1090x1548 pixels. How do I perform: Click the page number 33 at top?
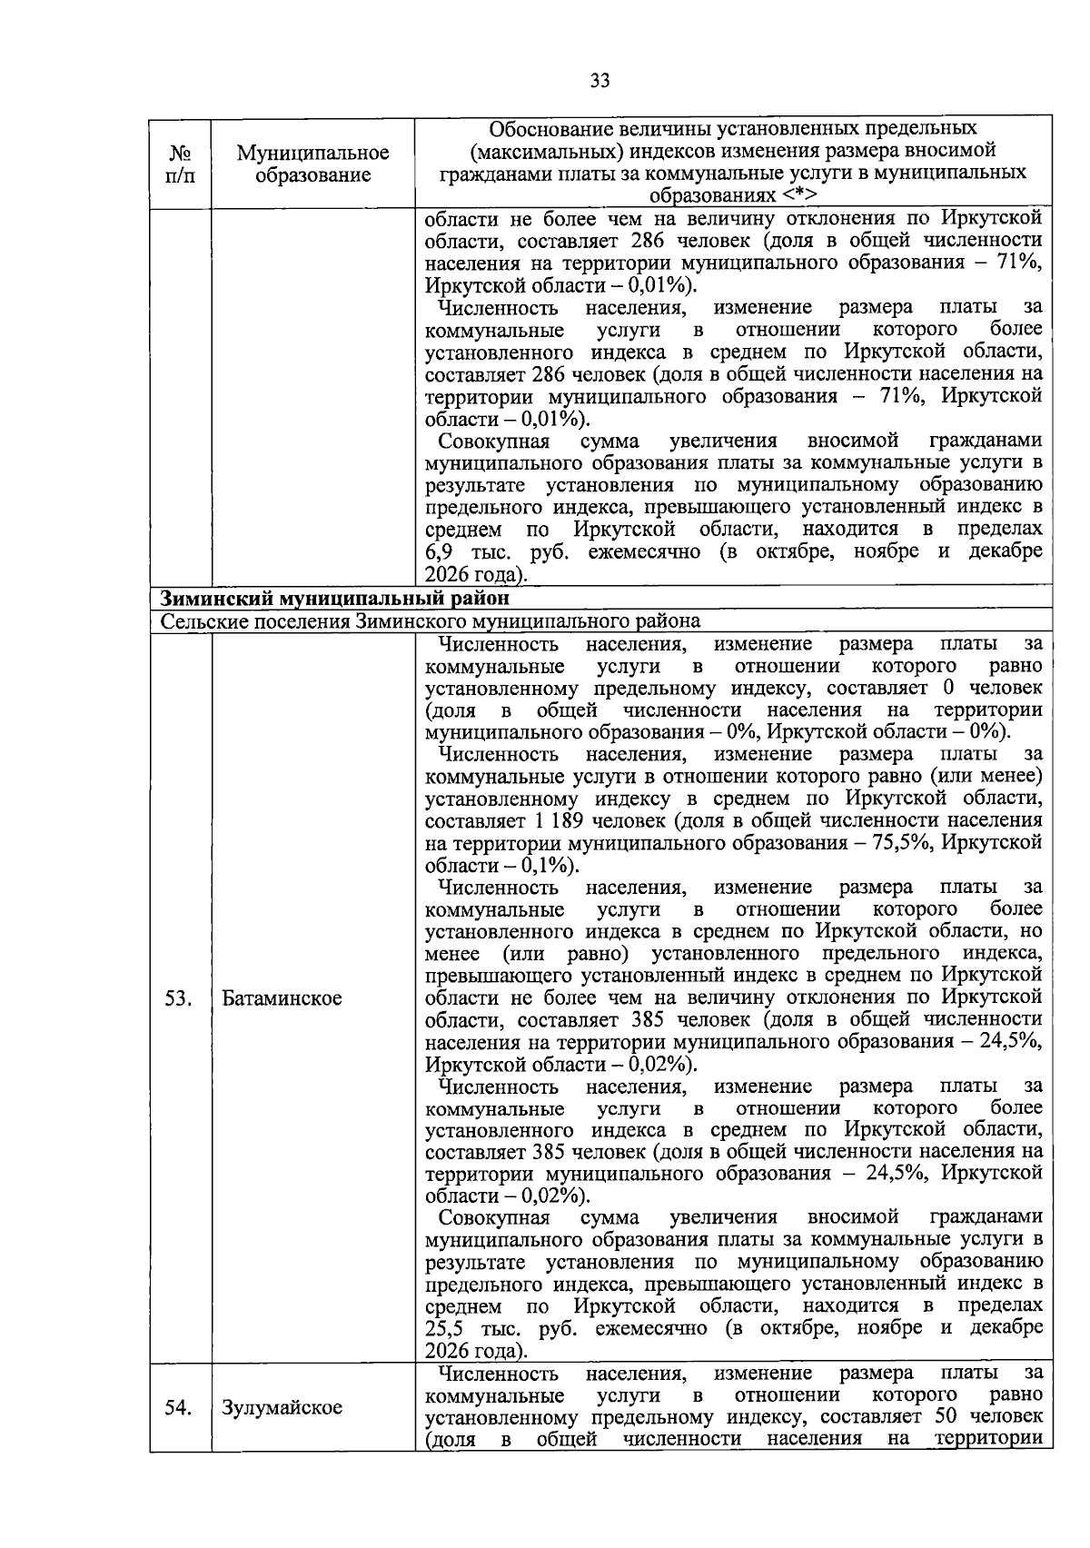[599, 81]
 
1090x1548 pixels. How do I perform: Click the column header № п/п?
[180, 164]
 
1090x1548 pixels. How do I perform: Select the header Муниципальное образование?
[312, 164]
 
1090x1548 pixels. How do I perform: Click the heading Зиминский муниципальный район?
[335, 599]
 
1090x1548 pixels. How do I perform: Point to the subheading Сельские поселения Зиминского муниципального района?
[430, 621]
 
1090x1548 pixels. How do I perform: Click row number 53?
[178, 998]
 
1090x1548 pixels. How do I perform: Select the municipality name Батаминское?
[282, 998]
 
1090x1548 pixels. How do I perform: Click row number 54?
[178, 1407]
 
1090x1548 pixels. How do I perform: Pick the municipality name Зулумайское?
[282, 1407]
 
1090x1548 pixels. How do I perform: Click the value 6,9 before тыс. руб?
[441, 552]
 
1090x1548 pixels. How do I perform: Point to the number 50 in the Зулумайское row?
[945, 1417]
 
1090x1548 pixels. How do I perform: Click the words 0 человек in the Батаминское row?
[993, 689]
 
